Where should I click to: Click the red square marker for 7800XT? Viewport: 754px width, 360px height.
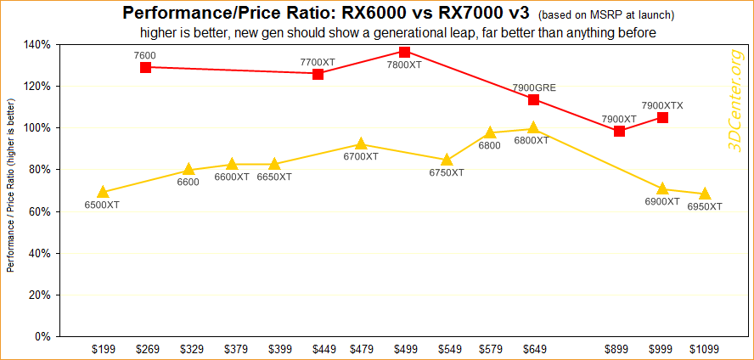coord(404,52)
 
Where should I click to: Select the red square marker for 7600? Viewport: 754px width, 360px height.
coord(145,67)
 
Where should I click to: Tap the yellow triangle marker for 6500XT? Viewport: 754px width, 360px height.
coord(103,192)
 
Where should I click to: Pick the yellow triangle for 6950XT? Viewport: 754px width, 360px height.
coord(705,194)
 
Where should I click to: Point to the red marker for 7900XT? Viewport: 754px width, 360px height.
coord(619,131)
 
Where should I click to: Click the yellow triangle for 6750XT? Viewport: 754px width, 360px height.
coord(447,160)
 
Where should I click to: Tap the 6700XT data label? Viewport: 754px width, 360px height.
coord(361,157)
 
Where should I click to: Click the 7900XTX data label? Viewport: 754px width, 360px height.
coord(662,105)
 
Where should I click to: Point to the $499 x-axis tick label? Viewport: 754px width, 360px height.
coord(404,348)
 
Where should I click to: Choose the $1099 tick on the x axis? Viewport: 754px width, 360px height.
coord(705,348)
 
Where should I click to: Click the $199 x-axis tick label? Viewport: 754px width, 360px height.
coord(103,348)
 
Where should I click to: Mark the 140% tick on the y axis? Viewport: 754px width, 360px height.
coord(39,44)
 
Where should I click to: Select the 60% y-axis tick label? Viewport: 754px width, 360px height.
coord(42,211)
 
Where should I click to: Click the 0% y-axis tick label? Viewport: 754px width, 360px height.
coord(44,337)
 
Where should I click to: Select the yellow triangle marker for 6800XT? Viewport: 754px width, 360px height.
coord(533,128)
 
